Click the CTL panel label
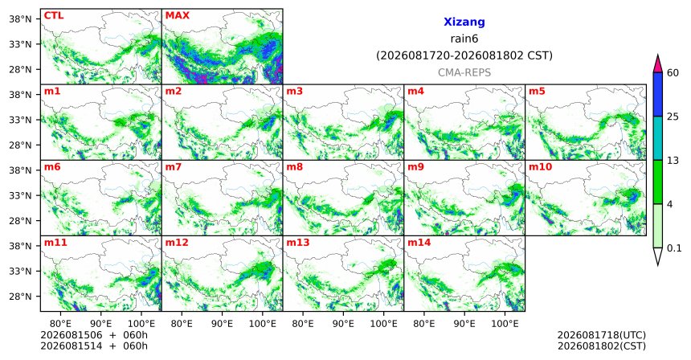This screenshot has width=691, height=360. click(54, 16)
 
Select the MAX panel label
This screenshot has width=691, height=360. click(177, 16)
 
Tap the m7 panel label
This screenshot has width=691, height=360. click(173, 167)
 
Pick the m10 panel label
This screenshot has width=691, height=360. click(540, 167)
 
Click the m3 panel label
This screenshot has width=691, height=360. click(294, 92)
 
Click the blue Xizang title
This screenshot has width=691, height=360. click(464, 22)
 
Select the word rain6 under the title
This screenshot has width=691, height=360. click(464, 39)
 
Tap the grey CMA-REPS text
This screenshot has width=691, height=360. click(464, 72)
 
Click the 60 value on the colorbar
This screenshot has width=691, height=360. click(673, 73)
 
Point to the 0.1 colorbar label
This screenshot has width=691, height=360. click(674, 248)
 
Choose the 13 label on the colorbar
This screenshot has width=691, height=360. click(673, 161)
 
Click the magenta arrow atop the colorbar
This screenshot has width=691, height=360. click(658, 63)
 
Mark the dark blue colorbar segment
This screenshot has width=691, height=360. click(658, 94)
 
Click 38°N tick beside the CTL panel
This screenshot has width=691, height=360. click(21, 19)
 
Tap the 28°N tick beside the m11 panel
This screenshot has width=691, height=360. click(21, 297)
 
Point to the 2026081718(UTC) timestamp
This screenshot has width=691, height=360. click(602, 336)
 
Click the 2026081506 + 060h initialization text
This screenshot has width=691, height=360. click(94, 335)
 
